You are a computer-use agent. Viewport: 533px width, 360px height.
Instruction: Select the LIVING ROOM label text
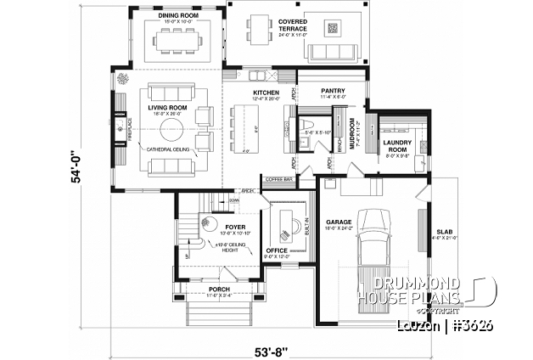[166, 108]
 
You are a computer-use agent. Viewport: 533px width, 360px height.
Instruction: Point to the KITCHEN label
[266, 93]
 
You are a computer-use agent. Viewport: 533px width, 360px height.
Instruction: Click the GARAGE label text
[339, 222]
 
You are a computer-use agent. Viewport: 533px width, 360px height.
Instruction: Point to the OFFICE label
[278, 250]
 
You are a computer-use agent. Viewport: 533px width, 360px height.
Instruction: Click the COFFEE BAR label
[278, 180]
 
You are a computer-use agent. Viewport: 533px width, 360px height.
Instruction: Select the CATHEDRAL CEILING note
[168, 149]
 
